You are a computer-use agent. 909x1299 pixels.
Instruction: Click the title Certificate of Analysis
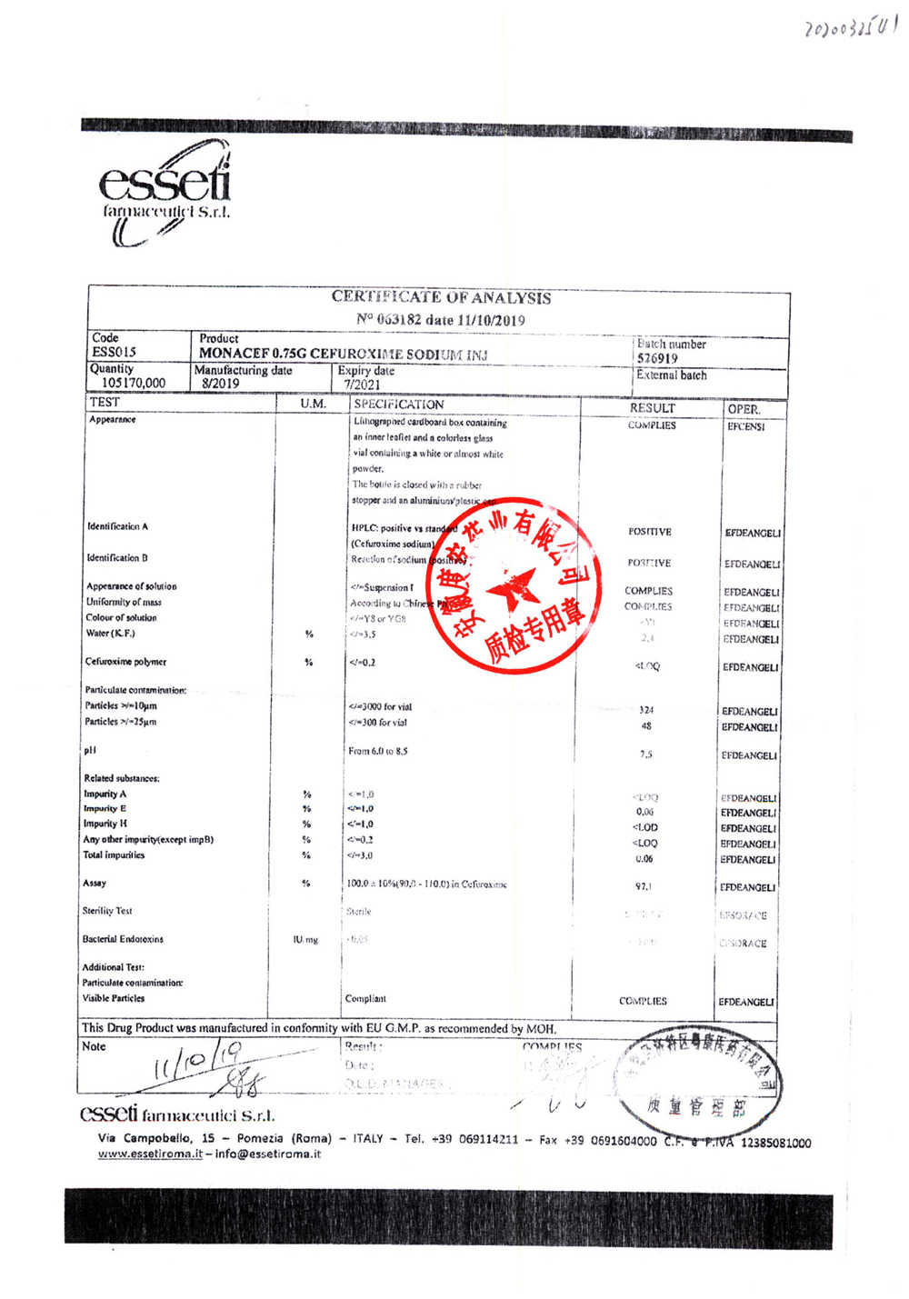pyautogui.click(x=441, y=297)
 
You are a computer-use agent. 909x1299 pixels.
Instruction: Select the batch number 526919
pyautogui.click(x=657, y=359)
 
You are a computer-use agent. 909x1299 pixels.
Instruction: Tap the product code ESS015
pyautogui.click(x=115, y=352)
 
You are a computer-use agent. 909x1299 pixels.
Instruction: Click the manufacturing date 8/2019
pyautogui.click(x=221, y=384)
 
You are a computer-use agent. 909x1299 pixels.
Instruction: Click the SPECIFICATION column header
pyautogui.click(x=399, y=405)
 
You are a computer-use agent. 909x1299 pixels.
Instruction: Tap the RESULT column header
pyautogui.click(x=652, y=408)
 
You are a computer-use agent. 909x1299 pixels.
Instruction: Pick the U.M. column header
pyautogui.click(x=313, y=404)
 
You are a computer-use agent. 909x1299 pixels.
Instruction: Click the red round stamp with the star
pyautogui.click(x=514, y=585)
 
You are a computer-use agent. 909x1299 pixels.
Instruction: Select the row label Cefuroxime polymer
pyautogui.click(x=126, y=662)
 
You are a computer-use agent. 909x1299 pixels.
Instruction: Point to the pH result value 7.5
pyautogui.click(x=645, y=754)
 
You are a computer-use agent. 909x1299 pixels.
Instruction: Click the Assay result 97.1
pyautogui.click(x=644, y=886)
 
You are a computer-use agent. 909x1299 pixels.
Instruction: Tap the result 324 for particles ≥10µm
pyautogui.click(x=646, y=710)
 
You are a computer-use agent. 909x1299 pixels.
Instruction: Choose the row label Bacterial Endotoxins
pyautogui.click(x=124, y=939)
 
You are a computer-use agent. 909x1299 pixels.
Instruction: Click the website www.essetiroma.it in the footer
pyautogui.click(x=150, y=1154)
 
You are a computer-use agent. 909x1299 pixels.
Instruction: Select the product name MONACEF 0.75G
pyautogui.click(x=253, y=354)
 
